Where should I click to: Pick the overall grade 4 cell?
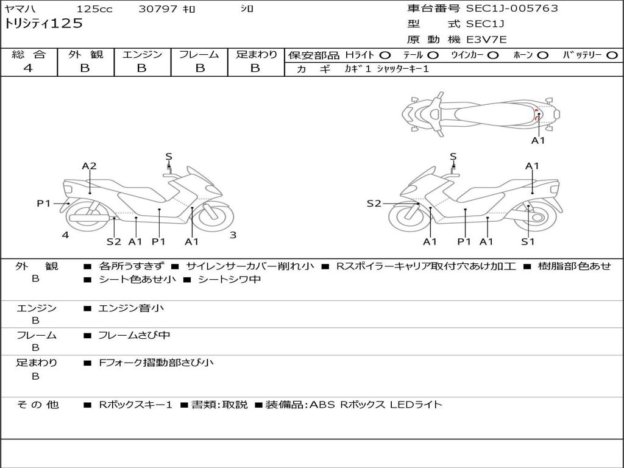pos(29,68)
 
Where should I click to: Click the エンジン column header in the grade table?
pos(142,55)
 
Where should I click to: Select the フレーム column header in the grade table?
pos(199,55)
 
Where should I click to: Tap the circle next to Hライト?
pos(385,55)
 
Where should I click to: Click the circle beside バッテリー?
pos(612,55)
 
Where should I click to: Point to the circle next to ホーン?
pos(542,55)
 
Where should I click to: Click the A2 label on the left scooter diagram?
pos(90,166)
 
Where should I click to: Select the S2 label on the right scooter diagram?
pos(374,204)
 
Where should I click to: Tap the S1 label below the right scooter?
pos(528,242)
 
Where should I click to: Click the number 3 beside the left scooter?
pos(233,235)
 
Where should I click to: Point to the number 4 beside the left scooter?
pos(65,235)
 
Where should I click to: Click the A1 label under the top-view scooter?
pos(538,141)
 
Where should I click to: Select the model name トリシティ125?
pos(44,24)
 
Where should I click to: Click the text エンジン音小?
pos(131,308)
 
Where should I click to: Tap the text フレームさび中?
pos(134,335)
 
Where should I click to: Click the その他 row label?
pos(37,405)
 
